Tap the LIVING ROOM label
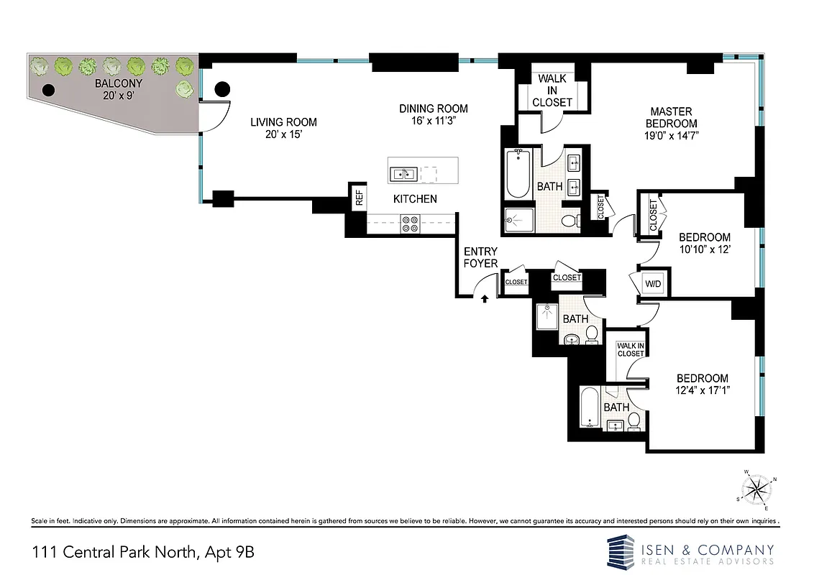coord(283,122)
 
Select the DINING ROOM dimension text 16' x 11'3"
coord(434,121)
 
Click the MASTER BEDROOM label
coord(671,117)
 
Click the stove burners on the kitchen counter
coord(410,224)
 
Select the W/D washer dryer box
coord(653,284)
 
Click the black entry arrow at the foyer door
coord(485,299)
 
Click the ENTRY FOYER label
coord(480,257)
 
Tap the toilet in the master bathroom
coord(568,221)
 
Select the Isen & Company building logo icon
coord(621,551)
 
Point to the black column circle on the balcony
coord(49,91)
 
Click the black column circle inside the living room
coord(222,89)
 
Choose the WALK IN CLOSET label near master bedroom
coord(552,90)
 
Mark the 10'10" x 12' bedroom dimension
coord(705,249)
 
